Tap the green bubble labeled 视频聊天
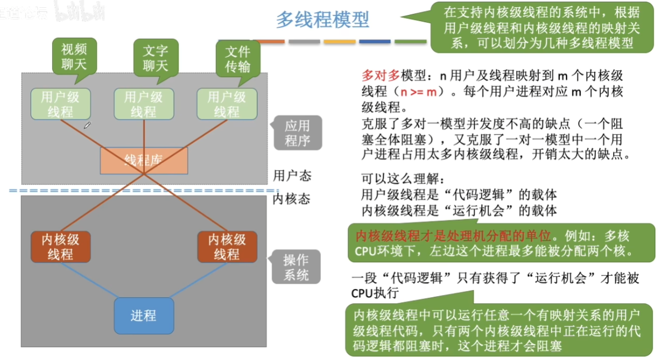point(74,56)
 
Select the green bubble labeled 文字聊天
point(155,58)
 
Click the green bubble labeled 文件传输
point(238,59)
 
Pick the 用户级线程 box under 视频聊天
point(60,104)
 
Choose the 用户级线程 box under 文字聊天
point(143,104)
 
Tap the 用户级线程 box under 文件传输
point(227,104)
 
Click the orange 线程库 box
point(144,161)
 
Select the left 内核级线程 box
point(61,247)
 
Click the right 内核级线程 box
point(227,247)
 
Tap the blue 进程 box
point(144,316)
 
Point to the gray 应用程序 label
point(297,133)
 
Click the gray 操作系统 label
point(296,267)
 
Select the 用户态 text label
point(292,176)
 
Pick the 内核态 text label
point(292,198)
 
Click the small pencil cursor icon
point(87,126)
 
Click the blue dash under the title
point(375,42)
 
